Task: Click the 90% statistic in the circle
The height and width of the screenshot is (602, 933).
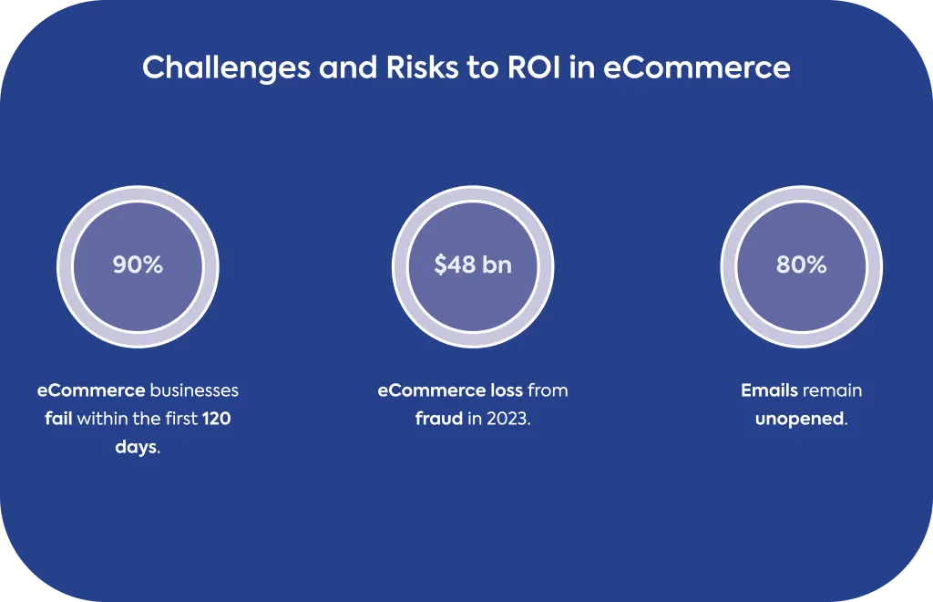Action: coord(138,265)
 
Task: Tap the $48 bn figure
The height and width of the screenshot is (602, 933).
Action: coord(473,265)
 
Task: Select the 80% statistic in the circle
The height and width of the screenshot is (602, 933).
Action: coord(801,265)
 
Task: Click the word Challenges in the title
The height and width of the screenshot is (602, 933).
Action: coord(226,67)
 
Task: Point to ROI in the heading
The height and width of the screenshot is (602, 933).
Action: coord(534,67)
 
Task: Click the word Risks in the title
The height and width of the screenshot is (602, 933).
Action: coord(423,67)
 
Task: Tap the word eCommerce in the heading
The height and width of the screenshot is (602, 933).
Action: coord(697,67)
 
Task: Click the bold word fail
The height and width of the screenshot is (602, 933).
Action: coord(58,419)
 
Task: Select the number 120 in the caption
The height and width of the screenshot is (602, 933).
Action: coord(216,419)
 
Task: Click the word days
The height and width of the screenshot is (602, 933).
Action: coord(137,447)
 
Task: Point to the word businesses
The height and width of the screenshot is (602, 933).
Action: coord(194,390)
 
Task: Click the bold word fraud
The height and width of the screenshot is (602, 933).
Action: coord(438,419)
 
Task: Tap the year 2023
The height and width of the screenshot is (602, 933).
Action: coord(507,419)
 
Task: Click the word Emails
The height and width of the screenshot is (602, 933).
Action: coord(769,390)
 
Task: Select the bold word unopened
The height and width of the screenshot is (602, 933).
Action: coord(799,420)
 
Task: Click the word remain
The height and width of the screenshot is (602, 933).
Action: coord(832,390)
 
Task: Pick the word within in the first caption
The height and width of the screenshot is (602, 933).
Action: coord(100,419)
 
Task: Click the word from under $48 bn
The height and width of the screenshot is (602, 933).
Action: coord(548,390)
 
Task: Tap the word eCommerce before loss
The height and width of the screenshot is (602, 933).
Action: coord(432,390)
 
